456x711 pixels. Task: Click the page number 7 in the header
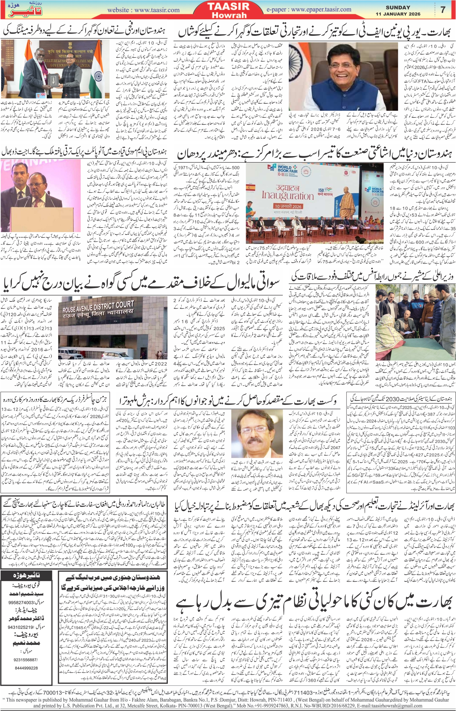[443, 9]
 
